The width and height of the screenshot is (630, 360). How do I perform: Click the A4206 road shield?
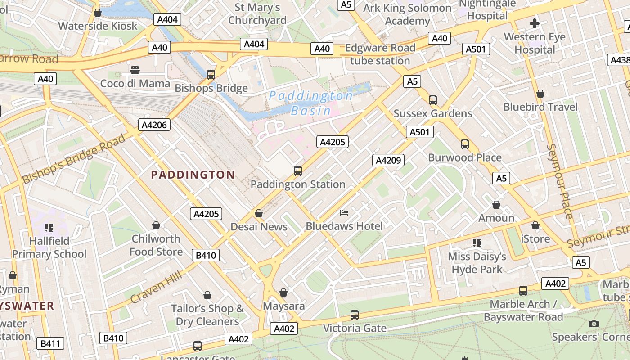154,125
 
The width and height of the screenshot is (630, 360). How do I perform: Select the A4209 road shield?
388,160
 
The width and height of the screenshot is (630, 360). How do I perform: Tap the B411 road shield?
50,344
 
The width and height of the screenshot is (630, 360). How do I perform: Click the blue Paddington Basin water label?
310,103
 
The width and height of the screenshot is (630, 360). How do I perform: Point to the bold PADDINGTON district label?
193,175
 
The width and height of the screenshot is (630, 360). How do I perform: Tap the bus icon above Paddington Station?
298,171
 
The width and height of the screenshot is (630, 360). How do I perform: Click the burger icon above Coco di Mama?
135,70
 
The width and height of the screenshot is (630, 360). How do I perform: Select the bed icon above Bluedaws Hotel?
344,213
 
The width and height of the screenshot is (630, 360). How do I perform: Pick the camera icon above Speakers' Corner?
594,324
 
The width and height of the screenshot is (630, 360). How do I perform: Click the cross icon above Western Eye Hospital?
534,23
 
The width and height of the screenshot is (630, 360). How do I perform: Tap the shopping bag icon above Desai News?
259,213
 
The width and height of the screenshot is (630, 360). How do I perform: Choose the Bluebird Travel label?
540,107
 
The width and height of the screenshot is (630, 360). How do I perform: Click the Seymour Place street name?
559,181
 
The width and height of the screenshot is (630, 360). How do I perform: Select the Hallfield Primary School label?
49,247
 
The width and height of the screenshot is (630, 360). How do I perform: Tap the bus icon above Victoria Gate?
355,315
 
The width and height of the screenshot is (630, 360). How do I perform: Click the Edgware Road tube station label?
380,54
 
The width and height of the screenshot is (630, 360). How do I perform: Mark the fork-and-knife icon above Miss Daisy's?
477,243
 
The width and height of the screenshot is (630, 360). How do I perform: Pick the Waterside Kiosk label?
98,26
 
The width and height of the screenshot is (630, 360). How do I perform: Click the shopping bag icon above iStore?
535,225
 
